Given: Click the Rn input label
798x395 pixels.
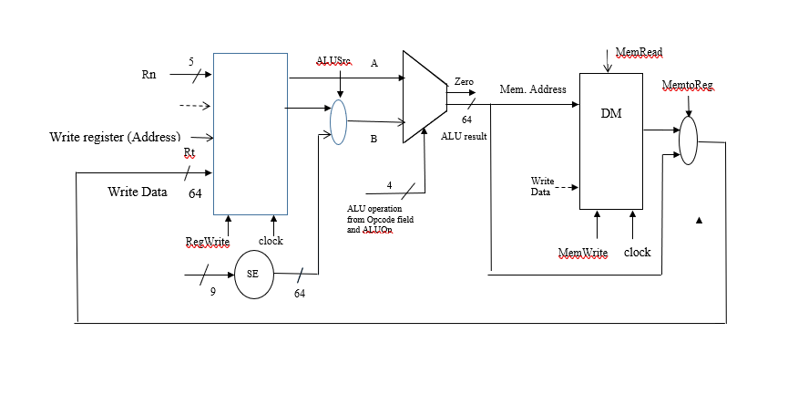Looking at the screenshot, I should click(148, 75).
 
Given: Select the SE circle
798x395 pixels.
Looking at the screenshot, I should click(253, 276).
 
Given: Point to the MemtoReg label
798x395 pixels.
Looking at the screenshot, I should click(688, 86).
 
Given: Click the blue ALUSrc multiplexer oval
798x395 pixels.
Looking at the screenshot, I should click(339, 121).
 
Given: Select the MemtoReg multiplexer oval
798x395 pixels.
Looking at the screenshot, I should click(689, 140).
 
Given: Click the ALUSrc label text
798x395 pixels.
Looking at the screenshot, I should click(333, 60).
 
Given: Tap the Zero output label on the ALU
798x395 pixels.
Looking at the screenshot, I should click(464, 82).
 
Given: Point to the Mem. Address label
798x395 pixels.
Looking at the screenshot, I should click(533, 89).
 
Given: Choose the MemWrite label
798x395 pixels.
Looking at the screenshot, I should click(582, 253).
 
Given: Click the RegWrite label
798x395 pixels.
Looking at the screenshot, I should click(206, 242).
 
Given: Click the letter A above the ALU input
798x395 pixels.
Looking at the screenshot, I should click(373, 64).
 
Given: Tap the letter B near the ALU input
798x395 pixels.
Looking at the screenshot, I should click(373, 140).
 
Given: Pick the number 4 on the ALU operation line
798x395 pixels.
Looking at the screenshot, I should click(389, 185).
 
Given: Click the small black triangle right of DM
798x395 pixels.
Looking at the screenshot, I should click(700, 220).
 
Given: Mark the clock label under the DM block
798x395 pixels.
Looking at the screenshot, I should click(637, 253).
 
